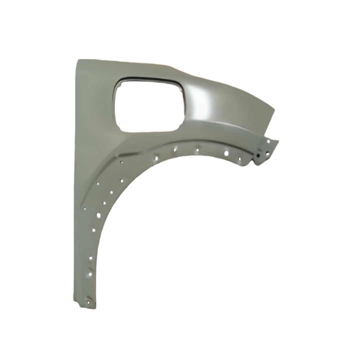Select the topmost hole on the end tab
[268, 141]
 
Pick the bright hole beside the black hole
[267, 154]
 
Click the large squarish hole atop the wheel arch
[226, 153]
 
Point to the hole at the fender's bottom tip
[88, 302]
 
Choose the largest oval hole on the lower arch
[99, 215]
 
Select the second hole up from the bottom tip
[90, 274]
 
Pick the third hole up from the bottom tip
[90, 258]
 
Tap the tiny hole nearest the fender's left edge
[85, 209]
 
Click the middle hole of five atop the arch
[197, 150]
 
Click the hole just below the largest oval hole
[94, 230]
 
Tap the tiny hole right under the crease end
[122, 162]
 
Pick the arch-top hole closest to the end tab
[239, 159]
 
